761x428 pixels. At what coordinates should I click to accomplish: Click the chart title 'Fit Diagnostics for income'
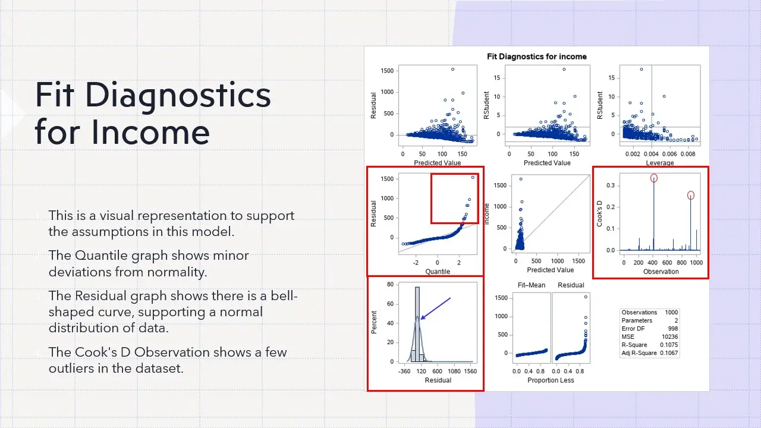[x=536, y=56]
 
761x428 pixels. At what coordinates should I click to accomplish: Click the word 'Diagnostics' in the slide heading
[x=152, y=95]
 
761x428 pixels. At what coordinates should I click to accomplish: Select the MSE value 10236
[x=669, y=336]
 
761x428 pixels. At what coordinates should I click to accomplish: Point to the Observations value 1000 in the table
[x=671, y=312]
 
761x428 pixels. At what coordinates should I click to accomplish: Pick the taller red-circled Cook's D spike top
[x=654, y=178]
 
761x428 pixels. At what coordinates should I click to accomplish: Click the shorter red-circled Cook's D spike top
[x=691, y=195]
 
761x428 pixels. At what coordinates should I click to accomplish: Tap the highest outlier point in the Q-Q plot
[x=473, y=177]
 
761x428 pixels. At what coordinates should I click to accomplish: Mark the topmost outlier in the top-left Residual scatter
[x=452, y=69]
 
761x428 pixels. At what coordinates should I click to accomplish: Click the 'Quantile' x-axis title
[x=438, y=272]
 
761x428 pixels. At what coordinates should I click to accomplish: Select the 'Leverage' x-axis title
[x=660, y=163]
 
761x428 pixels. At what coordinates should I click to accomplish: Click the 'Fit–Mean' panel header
[x=532, y=285]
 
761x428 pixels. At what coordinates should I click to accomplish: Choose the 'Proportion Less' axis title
[x=551, y=380]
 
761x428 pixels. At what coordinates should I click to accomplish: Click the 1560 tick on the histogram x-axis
[x=470, y=372]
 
